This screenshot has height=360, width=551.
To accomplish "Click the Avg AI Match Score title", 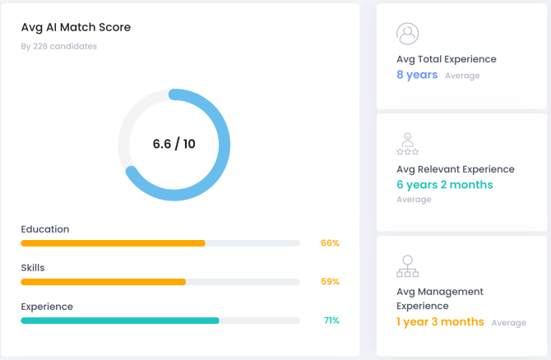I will [76, 27].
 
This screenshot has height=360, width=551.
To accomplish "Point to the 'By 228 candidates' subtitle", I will [58, 46].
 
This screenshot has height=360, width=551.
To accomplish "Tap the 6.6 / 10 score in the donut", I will [174, 144].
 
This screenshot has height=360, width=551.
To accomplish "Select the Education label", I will [45, 229].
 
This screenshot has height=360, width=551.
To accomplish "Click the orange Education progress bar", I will [113, 243].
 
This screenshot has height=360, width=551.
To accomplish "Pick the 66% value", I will [330, 243].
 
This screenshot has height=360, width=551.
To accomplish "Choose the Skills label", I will [33, 268].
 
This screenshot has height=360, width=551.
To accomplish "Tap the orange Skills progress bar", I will [103, 282].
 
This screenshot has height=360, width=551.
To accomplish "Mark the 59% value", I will [330, 282].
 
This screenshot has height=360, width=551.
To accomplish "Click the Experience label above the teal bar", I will [47, 307].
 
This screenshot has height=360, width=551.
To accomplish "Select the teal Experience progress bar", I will [120, 321].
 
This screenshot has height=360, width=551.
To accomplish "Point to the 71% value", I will [331, 321].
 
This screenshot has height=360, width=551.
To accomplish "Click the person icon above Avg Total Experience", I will [407, 34].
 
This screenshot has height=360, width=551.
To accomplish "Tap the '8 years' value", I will [417, 75].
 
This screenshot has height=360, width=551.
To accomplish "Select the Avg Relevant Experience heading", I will [455, 169].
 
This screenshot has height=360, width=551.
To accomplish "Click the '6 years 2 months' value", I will [445, 185].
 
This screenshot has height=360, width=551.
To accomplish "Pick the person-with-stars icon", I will [407, 143].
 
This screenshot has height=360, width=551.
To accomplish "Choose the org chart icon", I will [407, 266].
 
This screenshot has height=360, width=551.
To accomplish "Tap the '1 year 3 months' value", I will [440, 322].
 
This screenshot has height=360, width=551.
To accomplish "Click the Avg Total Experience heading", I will [447, 59].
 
